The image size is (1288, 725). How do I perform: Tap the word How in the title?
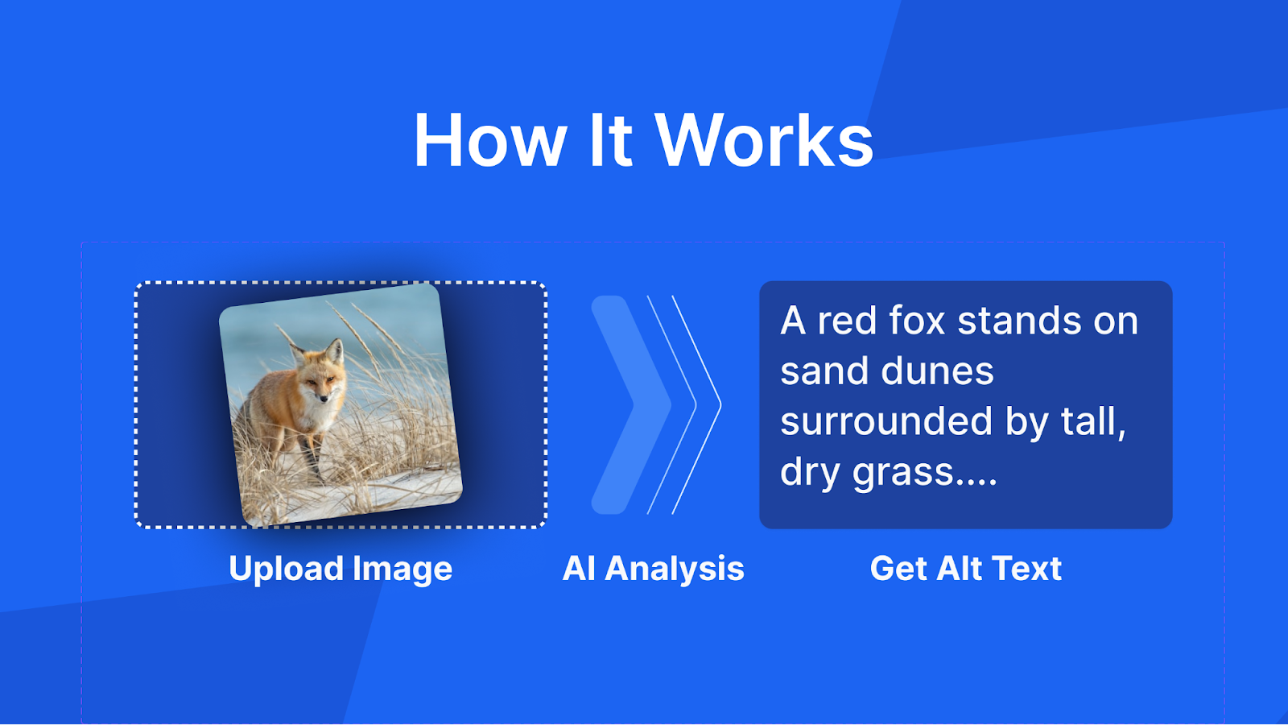490,141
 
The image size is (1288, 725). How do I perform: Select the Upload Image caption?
341,569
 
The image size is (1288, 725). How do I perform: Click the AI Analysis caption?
653,569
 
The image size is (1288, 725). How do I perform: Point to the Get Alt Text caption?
965,569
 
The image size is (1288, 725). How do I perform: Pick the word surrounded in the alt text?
886,421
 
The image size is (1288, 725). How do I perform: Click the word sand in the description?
824,371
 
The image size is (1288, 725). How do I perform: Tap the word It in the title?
609,141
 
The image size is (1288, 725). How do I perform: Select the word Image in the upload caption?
402,569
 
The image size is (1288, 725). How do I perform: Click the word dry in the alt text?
810,472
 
